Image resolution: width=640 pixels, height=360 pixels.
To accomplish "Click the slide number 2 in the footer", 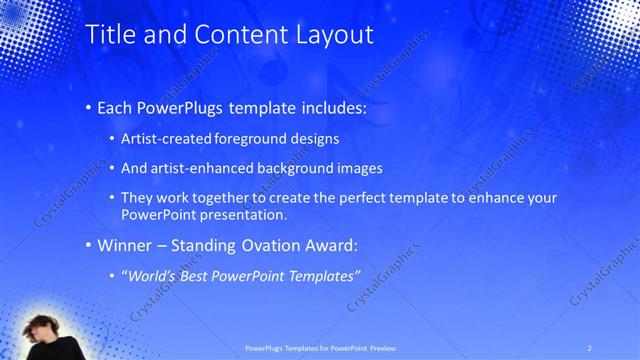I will coord(589,347).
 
